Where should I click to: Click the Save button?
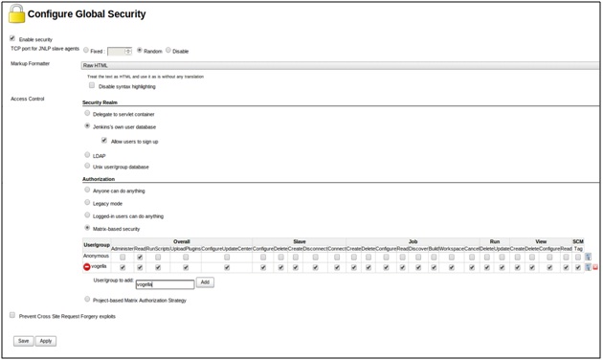23,341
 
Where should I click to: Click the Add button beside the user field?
205,282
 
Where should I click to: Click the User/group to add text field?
165,283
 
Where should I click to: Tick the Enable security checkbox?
12,39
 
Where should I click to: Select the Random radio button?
140,51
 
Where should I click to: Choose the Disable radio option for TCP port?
168,51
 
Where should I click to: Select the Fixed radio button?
86,51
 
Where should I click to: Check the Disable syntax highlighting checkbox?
92,86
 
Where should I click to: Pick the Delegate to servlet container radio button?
87,114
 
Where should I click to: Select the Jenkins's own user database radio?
87,126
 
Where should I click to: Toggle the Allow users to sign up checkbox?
105,141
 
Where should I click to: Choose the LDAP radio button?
87,155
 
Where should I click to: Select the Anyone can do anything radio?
87,191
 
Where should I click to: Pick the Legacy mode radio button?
87,203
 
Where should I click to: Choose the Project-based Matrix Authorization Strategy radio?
87,299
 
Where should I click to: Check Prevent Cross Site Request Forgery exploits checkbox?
12,315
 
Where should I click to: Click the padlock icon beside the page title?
16,13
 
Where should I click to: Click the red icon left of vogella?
87,267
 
